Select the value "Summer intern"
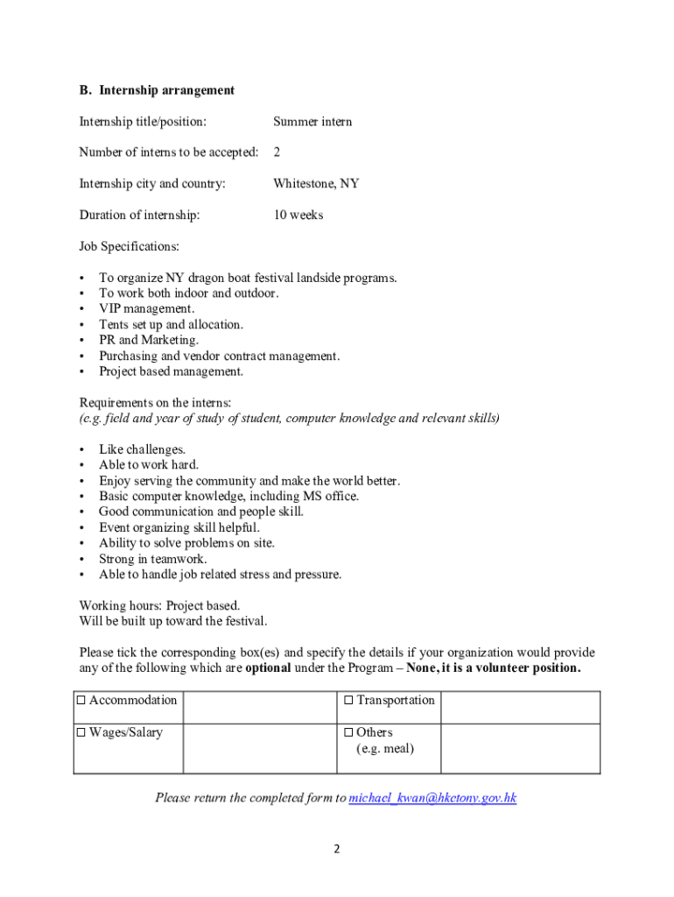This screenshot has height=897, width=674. click(312, 122)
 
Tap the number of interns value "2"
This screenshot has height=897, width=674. click(277, 152)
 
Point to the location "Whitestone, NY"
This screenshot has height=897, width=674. click(316, 184)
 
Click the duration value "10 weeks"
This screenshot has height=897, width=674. click(298, 215)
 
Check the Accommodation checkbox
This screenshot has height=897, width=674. click(81, 701)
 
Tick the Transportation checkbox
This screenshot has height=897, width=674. click(348, 701)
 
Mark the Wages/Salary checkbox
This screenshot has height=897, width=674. click(81, 733)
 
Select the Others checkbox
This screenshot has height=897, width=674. click(348, 733)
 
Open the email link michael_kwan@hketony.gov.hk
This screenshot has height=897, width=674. click(432, 798)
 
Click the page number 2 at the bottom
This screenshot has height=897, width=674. click(337, 849)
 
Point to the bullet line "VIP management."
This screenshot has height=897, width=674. click(146, 309)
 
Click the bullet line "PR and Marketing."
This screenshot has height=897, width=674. click(149, 340)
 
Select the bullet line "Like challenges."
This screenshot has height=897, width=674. click(142, 449)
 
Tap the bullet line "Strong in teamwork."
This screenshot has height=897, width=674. click(152, 559)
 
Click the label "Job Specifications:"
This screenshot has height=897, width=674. click(129, 247)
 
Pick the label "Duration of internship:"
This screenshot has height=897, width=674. click(139, 215)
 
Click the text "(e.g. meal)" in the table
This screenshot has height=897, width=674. click(385, 749)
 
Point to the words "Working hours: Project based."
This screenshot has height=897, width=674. click(159, 605)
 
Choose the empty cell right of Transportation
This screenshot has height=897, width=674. click(520, 707)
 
